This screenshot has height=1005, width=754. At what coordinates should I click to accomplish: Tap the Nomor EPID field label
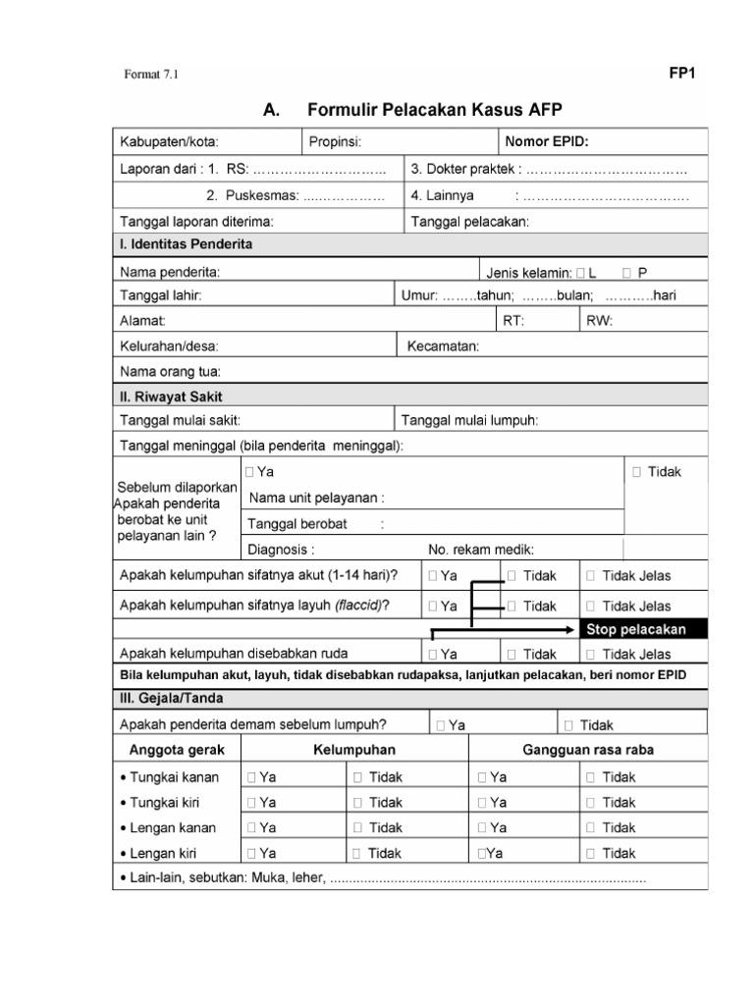coord(546,141)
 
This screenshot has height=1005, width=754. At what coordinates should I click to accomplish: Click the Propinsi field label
coord(336,141)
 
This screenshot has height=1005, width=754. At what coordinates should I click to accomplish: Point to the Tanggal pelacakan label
coord(469,221)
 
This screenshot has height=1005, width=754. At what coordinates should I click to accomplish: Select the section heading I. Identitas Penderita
coord(186,243)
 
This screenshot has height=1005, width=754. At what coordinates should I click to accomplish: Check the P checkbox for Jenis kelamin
coord(626,271)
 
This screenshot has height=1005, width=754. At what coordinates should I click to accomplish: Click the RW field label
coord(598,321)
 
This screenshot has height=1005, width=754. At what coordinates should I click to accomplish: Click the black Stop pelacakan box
coord(634,629)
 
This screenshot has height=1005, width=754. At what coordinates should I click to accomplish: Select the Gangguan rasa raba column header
coord(588,750)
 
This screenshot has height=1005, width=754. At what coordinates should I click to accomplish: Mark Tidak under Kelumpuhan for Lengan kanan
coord(357,828)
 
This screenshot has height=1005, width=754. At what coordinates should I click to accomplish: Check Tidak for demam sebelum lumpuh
coord(569,725)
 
